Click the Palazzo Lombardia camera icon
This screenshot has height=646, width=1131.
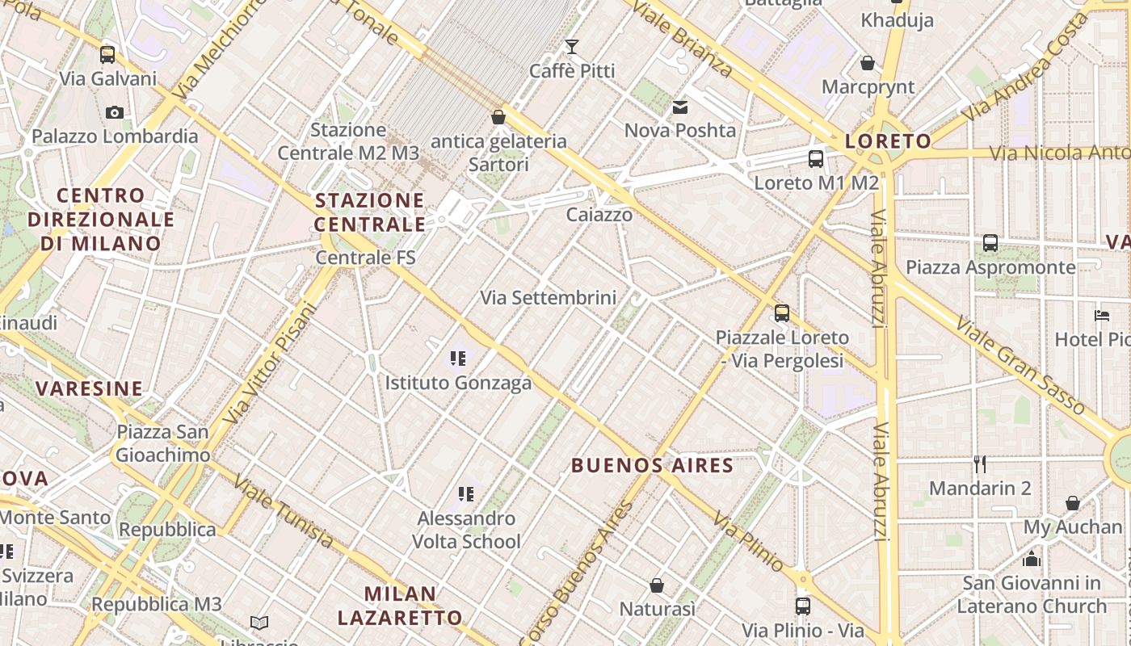click(x=115, y=112)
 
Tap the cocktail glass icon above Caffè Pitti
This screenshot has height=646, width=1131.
click(x=572, y=46)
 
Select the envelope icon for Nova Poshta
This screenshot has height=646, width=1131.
click(x=680, y=107)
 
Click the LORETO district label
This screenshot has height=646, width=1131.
click(x=888, y=141)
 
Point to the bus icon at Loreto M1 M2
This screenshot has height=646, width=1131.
click(x=816, y=158)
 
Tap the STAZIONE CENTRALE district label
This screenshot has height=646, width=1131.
click(x=370, y=212)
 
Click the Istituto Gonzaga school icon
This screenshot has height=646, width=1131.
click(x=458, y=358)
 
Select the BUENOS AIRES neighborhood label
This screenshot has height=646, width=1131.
click(x=653, y=465)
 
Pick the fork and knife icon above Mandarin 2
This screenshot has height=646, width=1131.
click(x=980, y=464)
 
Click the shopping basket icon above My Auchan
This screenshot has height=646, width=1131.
click(x=1073, y=503)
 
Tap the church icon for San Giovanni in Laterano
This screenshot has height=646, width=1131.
click(x=1032, y=559)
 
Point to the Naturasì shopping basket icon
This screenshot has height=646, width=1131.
click(x=657, y=585)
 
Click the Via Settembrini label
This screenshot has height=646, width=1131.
click(x=549, y=297)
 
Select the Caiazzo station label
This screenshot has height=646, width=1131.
click(x=599, y=214)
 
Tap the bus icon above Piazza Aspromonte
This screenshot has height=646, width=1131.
click(x=990, y=242)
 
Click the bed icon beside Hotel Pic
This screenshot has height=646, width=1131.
click(x=1102, y=315)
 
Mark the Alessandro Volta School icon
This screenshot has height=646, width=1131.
click(x=466, y=493)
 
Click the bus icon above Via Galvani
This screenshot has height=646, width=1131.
click(x=107, y=55)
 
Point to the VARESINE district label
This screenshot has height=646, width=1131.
click(x=89, y=388)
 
